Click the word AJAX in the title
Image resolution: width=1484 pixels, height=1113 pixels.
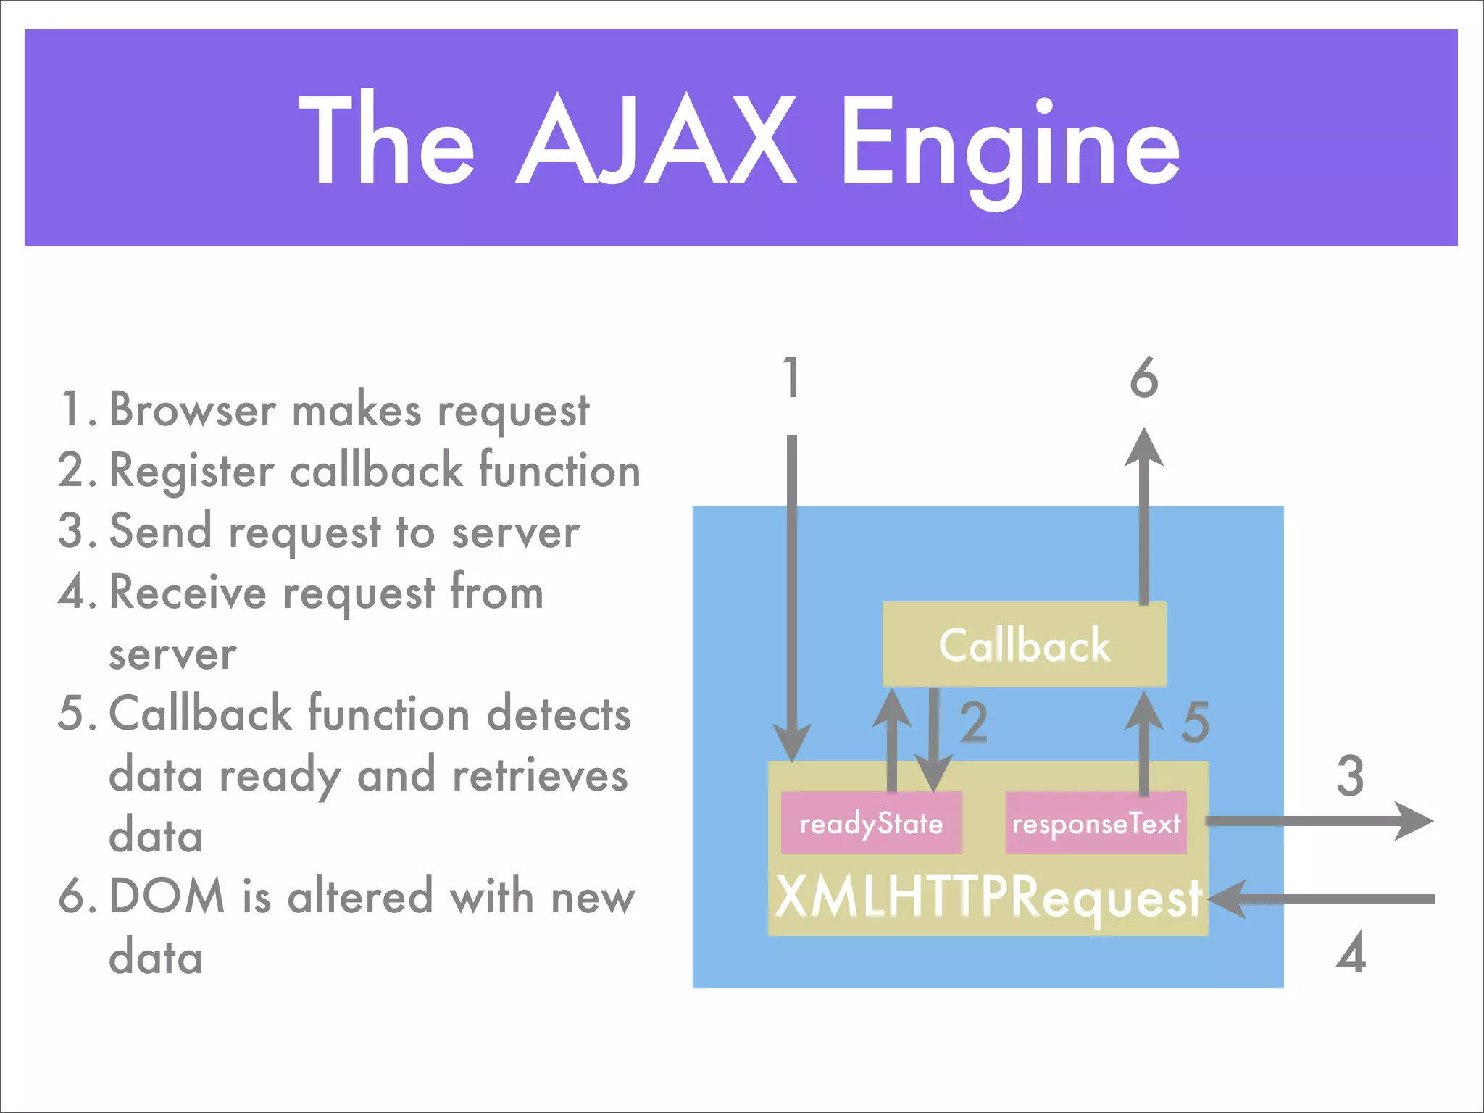656,139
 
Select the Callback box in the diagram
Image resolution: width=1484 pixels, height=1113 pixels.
1024,644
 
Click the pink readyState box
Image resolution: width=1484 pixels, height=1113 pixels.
871,823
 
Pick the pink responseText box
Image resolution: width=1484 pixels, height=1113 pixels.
1096,823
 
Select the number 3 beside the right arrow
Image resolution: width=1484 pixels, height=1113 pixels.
1350,776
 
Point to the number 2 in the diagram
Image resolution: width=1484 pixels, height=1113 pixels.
974,722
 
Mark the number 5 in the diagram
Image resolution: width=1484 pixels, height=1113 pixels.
1196,722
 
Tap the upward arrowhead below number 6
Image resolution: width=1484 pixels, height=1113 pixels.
1144,448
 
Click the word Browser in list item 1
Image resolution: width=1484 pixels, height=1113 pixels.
192,409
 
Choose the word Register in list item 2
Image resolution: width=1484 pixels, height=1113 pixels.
191,471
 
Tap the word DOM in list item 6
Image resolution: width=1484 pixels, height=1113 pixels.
167,896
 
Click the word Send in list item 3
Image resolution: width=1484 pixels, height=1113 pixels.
160,531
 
